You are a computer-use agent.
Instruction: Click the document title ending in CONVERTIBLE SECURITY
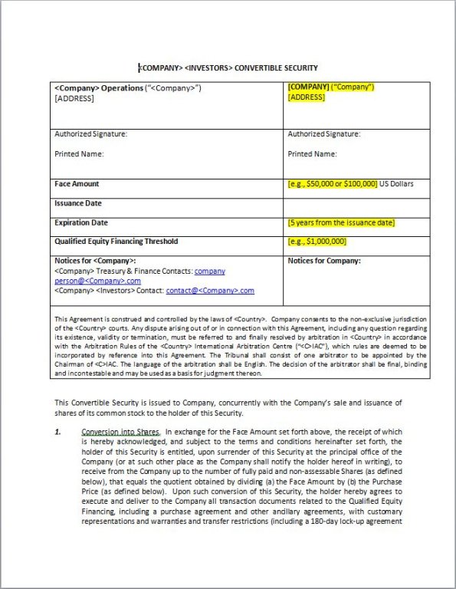(x=228, y=67)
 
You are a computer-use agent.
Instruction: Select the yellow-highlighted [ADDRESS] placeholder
(x=306, y=97)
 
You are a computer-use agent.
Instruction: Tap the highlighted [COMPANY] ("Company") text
(x=330, y=87)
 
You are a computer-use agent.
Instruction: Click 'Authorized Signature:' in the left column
(x=91, y=134)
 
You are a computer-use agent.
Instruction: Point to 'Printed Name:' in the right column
(x=312, y=153)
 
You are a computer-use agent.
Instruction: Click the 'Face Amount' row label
(x=77, y=184)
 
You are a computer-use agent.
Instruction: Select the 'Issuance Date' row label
(x=78, y=203)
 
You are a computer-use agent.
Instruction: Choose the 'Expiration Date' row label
(x=80, y=222)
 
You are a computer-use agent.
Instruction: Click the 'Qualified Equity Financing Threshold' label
(x=116, y=242)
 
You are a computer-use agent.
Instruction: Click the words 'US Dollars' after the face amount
(x=397, y=185)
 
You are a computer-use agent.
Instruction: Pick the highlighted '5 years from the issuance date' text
(x=342, y=223)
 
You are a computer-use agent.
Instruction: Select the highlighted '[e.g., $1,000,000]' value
(x=317, y=242)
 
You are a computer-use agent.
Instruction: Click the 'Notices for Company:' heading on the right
(x=323, y=261)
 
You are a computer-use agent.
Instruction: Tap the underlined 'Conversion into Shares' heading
(x=121, y=432)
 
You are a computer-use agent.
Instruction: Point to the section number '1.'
(x=58, y=432)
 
